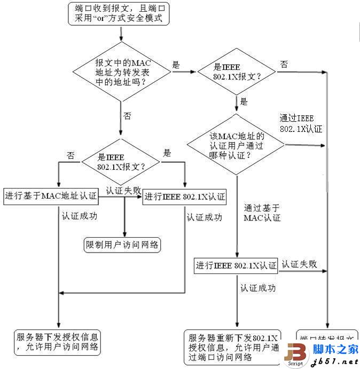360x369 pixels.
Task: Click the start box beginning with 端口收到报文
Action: [x=121, y=13]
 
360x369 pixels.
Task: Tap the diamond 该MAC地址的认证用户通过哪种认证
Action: [x=235, y=145]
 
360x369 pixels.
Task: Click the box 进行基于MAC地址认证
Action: [x=51, y=195]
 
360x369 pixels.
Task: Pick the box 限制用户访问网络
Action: [x=123, y=245]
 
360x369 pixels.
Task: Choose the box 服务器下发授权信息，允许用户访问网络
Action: [x=57, y=342]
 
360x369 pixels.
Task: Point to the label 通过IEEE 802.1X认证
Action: [x=300, y=123]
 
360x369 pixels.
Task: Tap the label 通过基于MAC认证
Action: [x=262, y=213]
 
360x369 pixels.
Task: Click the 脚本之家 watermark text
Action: [x=335, y=349]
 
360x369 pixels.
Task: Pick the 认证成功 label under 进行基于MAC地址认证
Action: [x=79, y=217]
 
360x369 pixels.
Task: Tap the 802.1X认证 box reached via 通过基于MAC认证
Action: [x=236, y=265]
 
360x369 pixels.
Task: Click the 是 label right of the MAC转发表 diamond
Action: [x=176, y=65]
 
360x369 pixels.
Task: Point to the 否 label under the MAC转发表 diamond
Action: [x=127, y=116]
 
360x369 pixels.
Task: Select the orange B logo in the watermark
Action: [x=296, y=354]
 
